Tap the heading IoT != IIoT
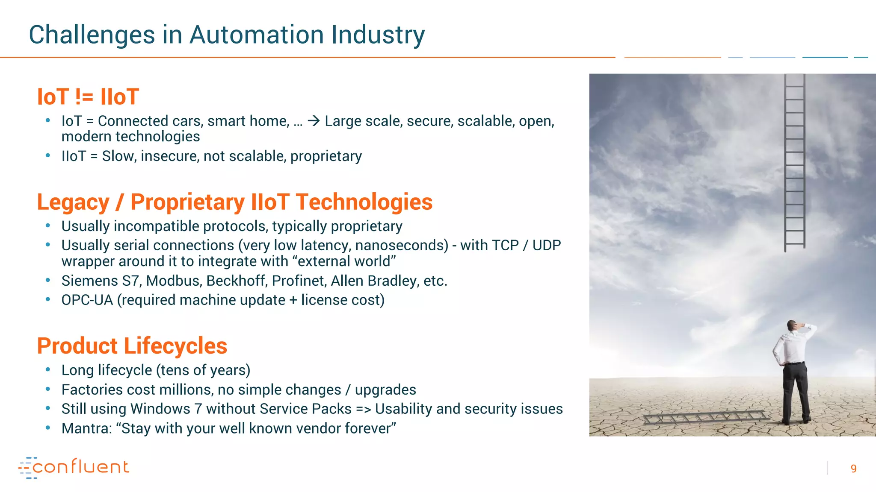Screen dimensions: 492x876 pyautogui.click(x=88, y=97)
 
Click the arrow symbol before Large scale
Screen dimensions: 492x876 pyautogui.click(x=314, y=121)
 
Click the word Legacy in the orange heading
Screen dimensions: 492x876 pyautogui.click(x=73, y=202)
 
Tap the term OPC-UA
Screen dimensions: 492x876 pyautogui.click(x=87, y=300)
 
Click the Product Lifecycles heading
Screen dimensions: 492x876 pyautogui.click(x=132, y=346)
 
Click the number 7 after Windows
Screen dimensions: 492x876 pyautogui.click(x=198, y=409)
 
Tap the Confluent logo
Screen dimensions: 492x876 pyautogui.click(x=74, y=467)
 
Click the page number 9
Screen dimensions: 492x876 pyautogui.click(x=853, y=469)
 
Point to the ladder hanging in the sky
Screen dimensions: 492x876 pyautogui.click(x=794, y=162)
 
